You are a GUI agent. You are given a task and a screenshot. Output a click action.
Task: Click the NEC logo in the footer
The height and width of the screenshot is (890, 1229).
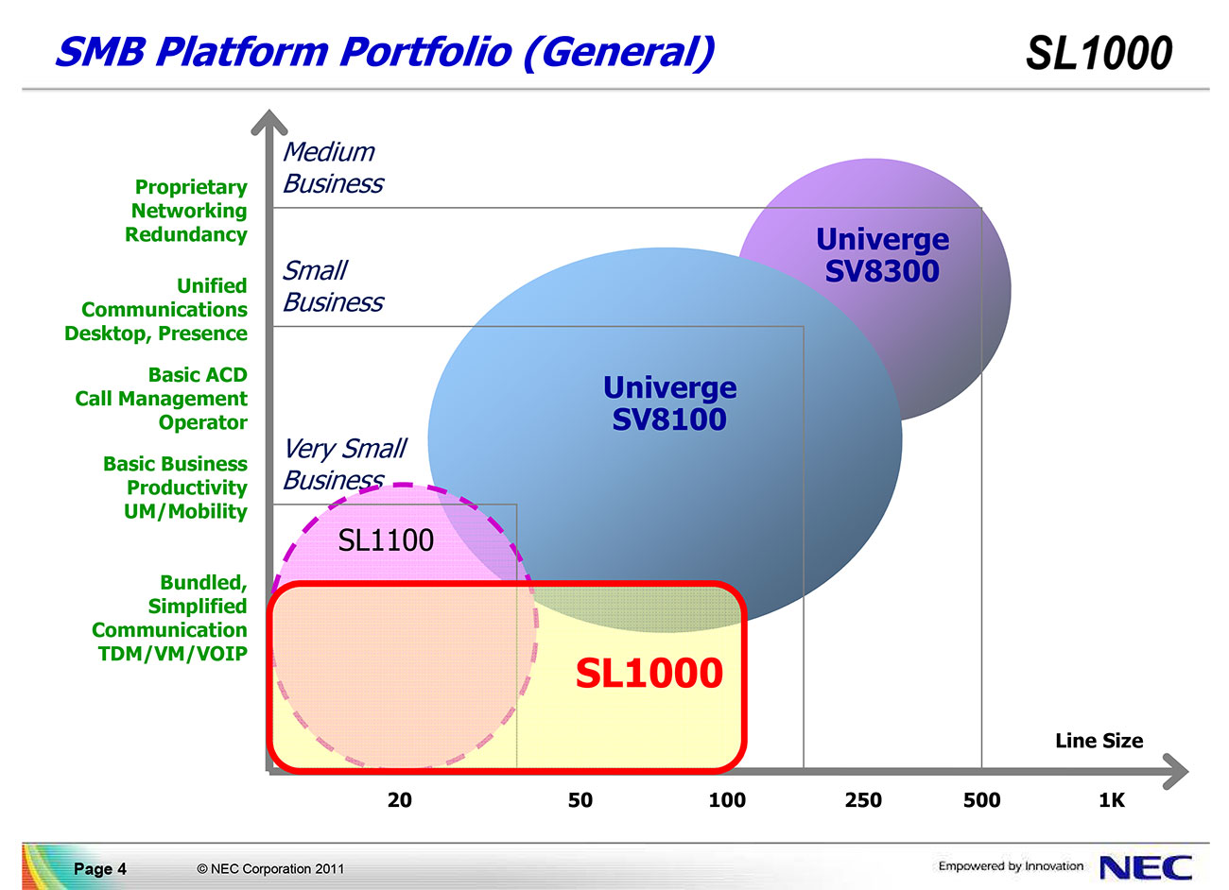[x=1146, y=868]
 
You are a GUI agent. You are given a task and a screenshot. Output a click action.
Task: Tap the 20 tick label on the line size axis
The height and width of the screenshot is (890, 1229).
[x=399, y=800]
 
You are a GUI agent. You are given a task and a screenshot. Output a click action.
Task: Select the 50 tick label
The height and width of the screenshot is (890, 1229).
[x=580, y=800]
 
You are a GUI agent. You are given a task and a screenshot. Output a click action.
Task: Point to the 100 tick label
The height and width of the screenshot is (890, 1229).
[x=727, y=800]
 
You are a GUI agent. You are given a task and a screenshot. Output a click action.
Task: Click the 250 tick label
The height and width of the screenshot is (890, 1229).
[x=863, y=800]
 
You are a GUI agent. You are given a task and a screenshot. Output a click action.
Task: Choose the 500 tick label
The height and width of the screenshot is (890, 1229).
[x=981, y=800]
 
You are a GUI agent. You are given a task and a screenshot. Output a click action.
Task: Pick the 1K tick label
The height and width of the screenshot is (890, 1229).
[x=1112, y=800]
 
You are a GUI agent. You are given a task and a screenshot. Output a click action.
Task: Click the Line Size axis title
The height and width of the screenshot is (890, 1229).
[x=1099, y=741]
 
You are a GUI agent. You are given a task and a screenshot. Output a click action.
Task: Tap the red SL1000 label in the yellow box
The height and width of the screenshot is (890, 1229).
[x=649, y=673]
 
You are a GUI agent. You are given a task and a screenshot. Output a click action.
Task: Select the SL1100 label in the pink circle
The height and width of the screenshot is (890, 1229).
[x=386, y=540]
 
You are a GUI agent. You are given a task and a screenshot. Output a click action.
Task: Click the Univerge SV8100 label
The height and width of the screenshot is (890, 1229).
[x=669, y=403]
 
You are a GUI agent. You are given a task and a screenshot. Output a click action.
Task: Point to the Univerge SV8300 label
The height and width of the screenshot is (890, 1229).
[x=882, y=255]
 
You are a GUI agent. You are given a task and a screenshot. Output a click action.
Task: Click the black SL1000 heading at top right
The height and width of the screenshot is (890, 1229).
[x=1099, y=53]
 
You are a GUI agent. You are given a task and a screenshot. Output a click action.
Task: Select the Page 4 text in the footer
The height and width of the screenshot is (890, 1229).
[x=100, y=868]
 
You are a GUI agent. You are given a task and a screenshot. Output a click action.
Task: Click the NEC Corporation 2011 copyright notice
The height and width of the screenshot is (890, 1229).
[x=270, y=868]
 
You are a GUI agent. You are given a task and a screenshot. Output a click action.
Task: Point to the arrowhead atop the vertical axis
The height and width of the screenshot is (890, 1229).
[x=268, y=122]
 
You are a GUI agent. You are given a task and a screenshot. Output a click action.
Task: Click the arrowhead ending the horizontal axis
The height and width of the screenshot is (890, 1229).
[x=1175, y=772]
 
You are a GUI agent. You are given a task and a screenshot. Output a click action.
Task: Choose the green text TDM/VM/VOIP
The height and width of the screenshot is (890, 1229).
[x=172, y=654]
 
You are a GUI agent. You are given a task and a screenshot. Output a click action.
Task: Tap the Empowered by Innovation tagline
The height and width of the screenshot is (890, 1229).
[x=1011, y=865]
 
